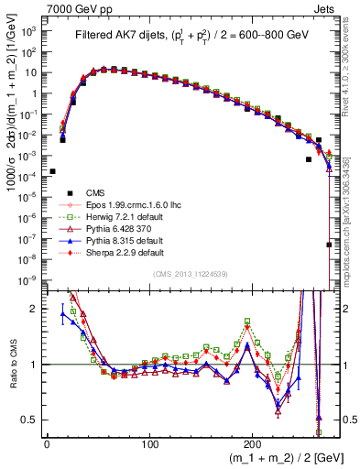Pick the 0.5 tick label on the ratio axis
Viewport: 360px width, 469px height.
29,420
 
